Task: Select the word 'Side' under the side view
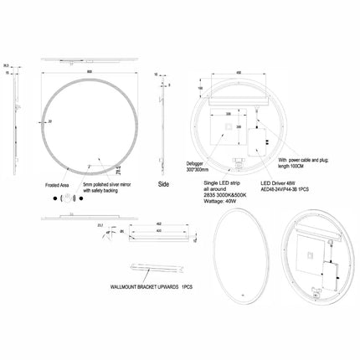(x=164, y=182)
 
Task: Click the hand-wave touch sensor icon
(x=66, y=198)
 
